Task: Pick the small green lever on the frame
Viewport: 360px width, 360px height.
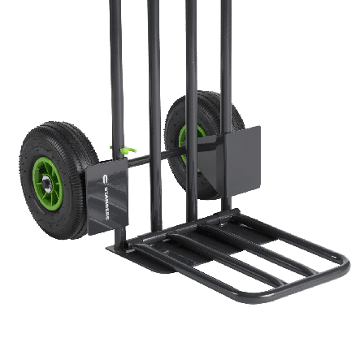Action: point(126,150)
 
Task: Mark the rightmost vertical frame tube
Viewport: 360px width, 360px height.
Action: point(227,65)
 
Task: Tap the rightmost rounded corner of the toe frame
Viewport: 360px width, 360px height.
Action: point(345,262)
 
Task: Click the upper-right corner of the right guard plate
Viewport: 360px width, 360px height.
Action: point(258,128)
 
